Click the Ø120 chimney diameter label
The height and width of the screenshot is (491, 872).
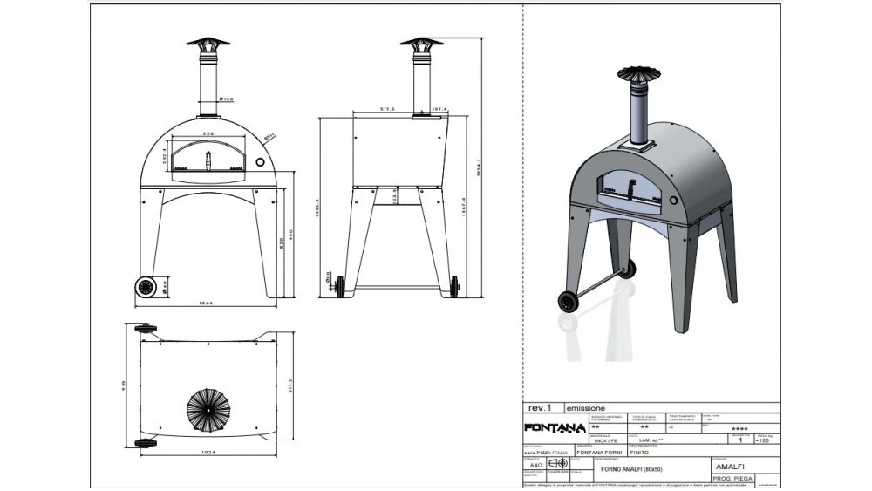[225, 99]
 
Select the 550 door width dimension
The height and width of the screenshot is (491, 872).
[208, 133]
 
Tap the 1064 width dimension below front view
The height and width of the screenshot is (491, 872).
[208, 303]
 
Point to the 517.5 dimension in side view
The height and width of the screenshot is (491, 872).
[388, 109]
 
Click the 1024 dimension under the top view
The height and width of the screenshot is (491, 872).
[208, 453]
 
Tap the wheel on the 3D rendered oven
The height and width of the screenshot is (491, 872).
[569, 302]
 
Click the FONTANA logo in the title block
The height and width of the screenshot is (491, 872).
[554, 427]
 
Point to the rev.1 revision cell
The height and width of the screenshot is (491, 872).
[541, 407]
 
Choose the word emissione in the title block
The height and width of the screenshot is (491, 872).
[587, 407]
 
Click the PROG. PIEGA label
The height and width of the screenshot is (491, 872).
[733, 480]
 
